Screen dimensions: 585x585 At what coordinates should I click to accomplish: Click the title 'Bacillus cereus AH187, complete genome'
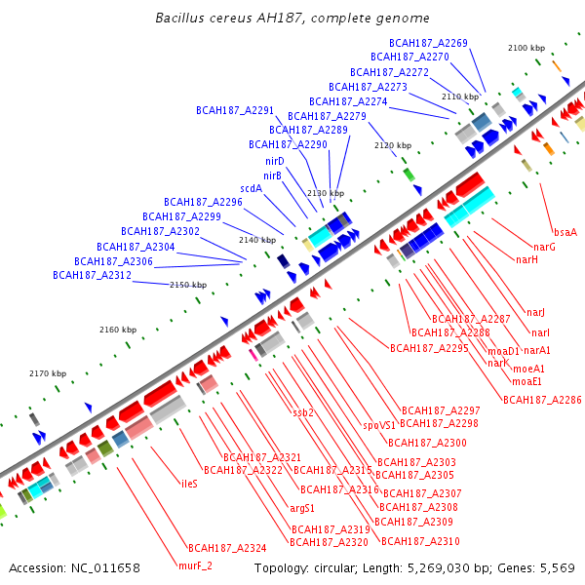[292, 19]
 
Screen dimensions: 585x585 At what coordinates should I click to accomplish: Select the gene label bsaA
[565, 232]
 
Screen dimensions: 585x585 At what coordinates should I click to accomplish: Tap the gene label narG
[544, 247]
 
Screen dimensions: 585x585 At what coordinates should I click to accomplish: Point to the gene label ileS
[189, 483]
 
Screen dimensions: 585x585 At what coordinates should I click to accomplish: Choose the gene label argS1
[302, 508]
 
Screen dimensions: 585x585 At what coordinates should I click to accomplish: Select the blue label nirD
[274, 161]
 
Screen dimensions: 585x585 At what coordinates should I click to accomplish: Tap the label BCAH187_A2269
[428, 43]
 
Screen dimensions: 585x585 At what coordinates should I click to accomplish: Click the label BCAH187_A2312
[92, 275]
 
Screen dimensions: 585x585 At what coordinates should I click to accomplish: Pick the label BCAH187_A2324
[227, 548]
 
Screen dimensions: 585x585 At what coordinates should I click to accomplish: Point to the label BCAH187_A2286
[541, 400]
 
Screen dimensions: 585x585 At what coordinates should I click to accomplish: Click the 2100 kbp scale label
[526, 48]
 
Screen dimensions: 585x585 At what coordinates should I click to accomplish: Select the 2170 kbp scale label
[47, 373]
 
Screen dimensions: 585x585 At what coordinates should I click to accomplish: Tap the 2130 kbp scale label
[326, 193]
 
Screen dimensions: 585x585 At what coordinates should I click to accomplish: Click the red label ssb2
[303, 412]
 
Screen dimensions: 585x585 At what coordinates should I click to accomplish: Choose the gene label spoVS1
[379, 425]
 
